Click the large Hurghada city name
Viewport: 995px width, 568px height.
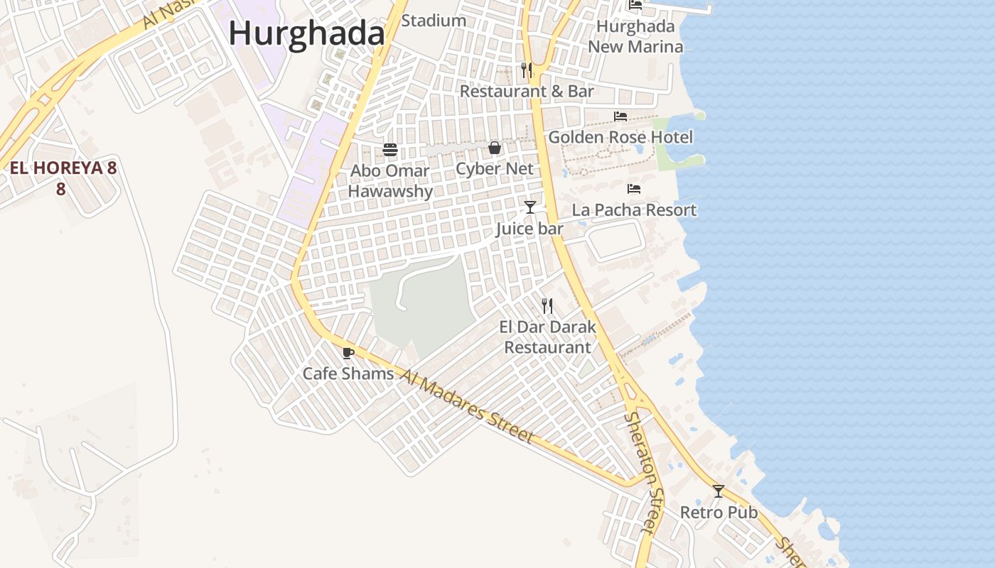pyautogui.click(x=306, y=33)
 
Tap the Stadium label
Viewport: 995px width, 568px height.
pyautogui.click(x=434, y=21)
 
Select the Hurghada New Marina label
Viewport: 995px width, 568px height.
pyautogui.click(x=635, y=37)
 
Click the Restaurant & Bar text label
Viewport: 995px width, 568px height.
pyautogui.click(x=527, y=92)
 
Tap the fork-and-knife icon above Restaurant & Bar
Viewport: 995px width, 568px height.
pyautogui.click(x=527, y=70)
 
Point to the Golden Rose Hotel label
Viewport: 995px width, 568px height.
pyautogui.click(x=620, y=137)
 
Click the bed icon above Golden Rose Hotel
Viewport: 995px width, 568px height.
pyautogui.click(x=620, y=116)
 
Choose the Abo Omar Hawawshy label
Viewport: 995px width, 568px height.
pyautogui.click(x=390, y=181)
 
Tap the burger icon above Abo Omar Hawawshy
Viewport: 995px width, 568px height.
pyautogui.click(x=390, y=150)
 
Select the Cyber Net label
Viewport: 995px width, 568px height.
pyautogui.click(x=495, y=169)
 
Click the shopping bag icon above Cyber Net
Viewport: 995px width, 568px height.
pyautogui.click(x=495, y=148)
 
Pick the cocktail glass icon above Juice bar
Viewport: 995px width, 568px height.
pyautogui.click(x=530, y=207)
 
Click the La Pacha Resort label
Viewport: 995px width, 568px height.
pyautogui.click(x=634, y=210)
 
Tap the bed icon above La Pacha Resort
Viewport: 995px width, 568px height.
pyautogui.click(x=634, y=189)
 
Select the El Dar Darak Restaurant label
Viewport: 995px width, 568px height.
pyautogui.click(x=547, y=337)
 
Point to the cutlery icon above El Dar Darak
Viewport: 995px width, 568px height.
pyautogui.click(x=547, y=306)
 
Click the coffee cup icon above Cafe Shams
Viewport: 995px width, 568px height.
pyautogui.click(x=348, y=353)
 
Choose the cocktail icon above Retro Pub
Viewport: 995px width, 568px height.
pyautogui.click(x=719, y=491)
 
